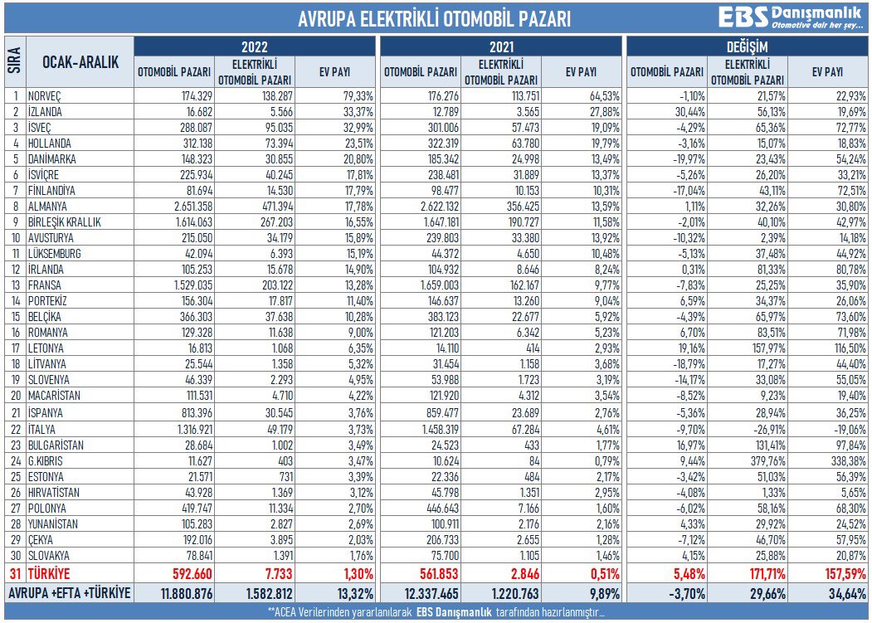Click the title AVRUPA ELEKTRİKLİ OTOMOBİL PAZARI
coord(434,19)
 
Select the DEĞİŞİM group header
coord(747,46)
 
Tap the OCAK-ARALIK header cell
coord(80,61)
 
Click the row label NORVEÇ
coord(45,96)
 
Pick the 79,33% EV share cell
coord(358,95)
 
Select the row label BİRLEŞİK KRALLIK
coord(65,222)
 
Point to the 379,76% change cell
coord(768,461)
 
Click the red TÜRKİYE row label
coord(49,573)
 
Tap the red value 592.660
coord(192,574)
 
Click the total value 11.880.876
coord(187,593)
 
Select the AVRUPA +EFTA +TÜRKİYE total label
coord(69,593)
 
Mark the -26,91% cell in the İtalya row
coord(768,430)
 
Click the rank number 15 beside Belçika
coord(16,317)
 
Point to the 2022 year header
coord(255,46)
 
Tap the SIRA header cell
coord(15,61)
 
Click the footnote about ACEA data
coord(436,612)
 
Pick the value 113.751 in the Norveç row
coord(524,95)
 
